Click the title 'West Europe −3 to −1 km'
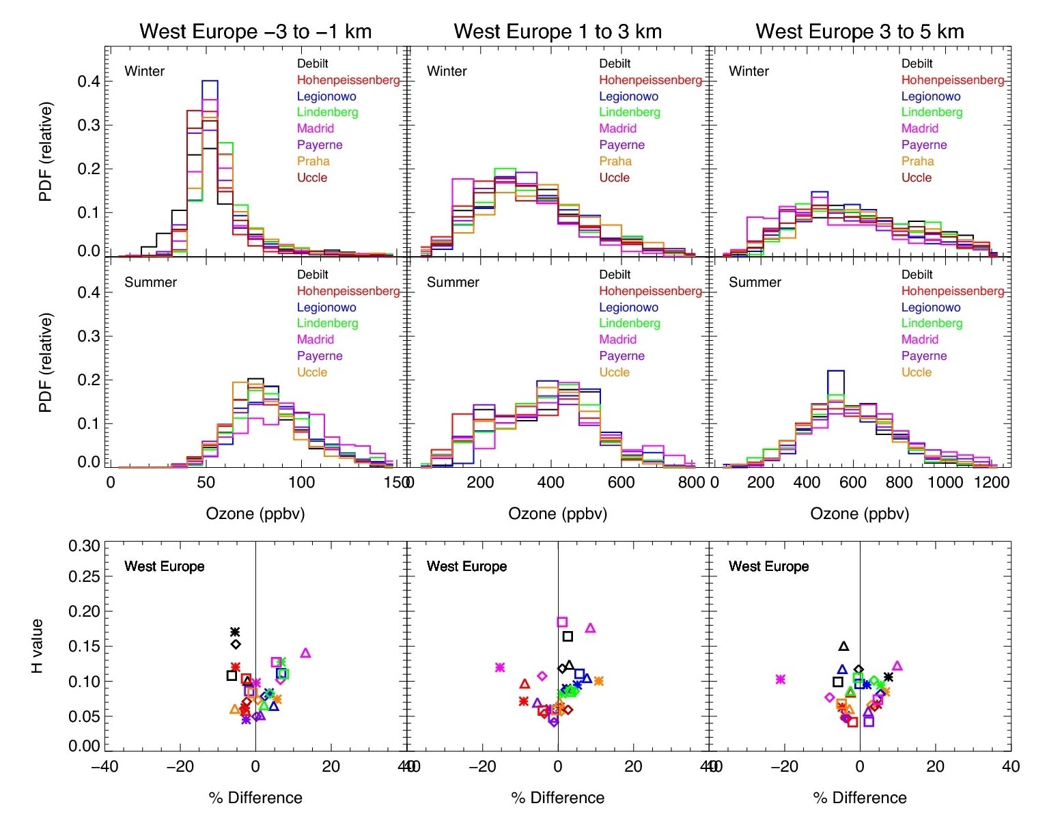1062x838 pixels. click(x=255, y=31)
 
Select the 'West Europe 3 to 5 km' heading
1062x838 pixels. click(x=859, y=31)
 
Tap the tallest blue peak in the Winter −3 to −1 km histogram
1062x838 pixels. click(x=210, y=82)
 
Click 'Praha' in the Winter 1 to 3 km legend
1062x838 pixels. click(x=615, y=161)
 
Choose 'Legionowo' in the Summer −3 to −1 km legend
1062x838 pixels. click(x=326, y=307)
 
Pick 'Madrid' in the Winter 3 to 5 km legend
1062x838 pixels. click(x=919, y=128)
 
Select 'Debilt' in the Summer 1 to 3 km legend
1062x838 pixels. click(x=615, y=275)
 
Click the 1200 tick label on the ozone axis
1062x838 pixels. click(x=991, y=482)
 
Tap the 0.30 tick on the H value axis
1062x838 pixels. click(x=84, y=546)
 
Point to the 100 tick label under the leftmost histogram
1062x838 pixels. click(x=301, y=482)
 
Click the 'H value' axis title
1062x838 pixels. click(x=38, y=646)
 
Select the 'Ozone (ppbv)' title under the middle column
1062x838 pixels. click(x=557, y=514)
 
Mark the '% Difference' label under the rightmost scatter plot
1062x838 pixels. click(x=860, y=798)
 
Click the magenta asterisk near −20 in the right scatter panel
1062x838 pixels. click(x=781, y=679)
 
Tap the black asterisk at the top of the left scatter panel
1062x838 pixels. click(x=235, y=632)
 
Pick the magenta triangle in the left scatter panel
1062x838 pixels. click(x=305, y=653)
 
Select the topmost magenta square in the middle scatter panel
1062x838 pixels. click(x=562, y=621)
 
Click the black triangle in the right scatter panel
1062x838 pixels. click(x=843, y=646)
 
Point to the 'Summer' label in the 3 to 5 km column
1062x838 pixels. click(x=755, y=282)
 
